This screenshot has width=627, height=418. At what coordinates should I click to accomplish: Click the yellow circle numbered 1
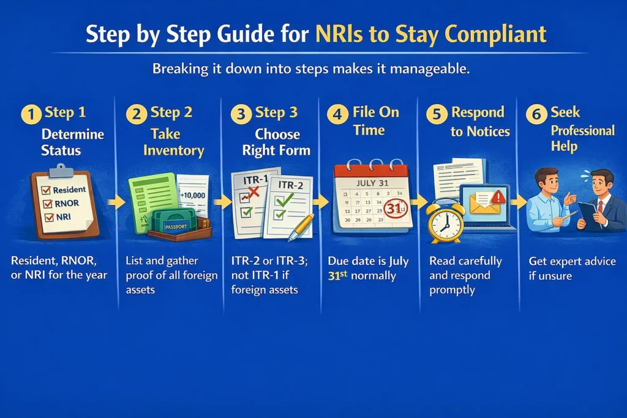[x=31, y=114]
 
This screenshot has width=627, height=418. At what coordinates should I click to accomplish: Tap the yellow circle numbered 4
[x=337, y=114]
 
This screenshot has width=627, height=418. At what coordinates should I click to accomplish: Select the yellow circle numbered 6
[x=536, y=114]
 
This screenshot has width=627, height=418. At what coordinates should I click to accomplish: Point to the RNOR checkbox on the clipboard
[x=48, y=204]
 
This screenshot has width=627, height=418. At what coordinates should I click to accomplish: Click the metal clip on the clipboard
[x=61, y=171]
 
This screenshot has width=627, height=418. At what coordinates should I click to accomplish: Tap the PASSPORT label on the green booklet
[x=176, y=226]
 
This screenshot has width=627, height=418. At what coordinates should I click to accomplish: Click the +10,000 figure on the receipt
[x=193, y=195]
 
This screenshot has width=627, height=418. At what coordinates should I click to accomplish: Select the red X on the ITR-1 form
[x=254, y=192]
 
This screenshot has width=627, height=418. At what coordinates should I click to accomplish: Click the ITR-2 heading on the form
[x=291, y=185]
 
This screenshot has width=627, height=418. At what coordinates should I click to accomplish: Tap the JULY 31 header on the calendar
[x=372, y=183]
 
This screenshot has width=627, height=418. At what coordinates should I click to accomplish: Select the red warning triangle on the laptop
[x=498, y=196]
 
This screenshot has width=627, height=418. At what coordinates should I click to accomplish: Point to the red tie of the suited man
[x=600, y=208]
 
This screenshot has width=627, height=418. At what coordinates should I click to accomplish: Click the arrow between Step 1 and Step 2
[x=116, y=202]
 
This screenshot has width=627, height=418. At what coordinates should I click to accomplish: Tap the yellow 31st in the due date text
[x=337, y=275]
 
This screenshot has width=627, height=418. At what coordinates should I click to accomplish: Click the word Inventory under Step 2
[x=173, y=151]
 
